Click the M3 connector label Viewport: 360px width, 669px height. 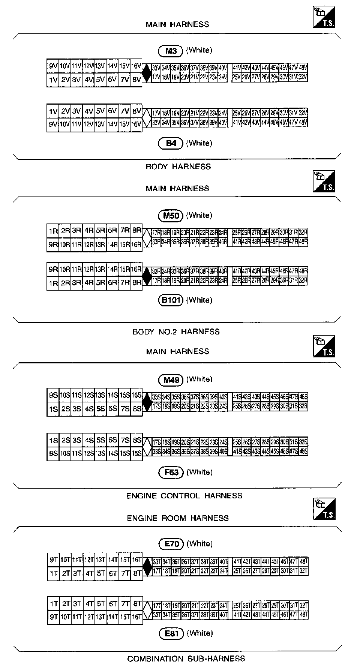pyautogui.click(x=170, y=51)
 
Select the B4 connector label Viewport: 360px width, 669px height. pyautogui.click(x=171, y=143)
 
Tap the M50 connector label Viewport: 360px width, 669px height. pyautogui.click(x=171, y=216)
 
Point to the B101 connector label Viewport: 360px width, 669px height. pyautogui.click(x=171, y=300)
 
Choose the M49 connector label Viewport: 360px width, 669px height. pyautogui.click(x=171, y=380)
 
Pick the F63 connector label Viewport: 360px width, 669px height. pyautogui.click(x=171, y=472)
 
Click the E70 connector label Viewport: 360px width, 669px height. pyautogui.click(x=171, y=544)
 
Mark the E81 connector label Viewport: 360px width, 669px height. pyautogui.click(x=171, y=634)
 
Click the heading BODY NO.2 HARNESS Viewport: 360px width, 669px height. pyautogui.click(x=176, y=331)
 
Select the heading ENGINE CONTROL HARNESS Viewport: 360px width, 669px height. pyautogui.click(x=184, y=496)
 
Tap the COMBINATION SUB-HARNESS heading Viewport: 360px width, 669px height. pyautogui.click(x=186, y=658)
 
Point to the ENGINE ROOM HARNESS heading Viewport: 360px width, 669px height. pyautogui.click(x=178, y=518)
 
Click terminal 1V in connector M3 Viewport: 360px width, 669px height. pyautogui.click(x=53, y=80)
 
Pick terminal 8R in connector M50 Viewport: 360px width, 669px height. pyautogui.click(x=136, y=230)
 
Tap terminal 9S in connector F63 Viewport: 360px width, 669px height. pyautogui.click(x=53, y=453)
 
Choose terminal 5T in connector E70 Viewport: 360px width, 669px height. pyautogui.click(x=100, y=573)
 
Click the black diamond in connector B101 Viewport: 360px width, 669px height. pyautogui.click(x=147, y=276)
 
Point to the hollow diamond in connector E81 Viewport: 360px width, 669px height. pyautogui.click(x=147, y=610)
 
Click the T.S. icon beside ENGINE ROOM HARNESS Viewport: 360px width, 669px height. pyautogui.click(x=324, y=509)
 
